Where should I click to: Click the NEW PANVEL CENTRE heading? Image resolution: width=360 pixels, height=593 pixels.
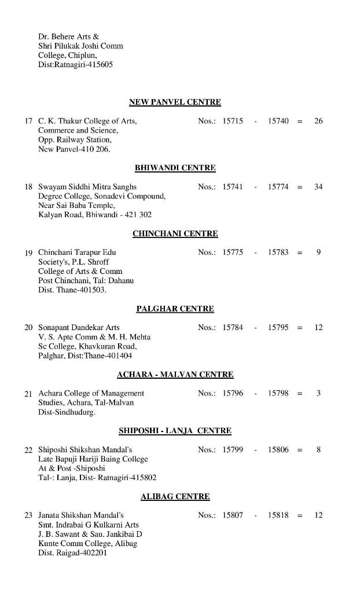point(175,103)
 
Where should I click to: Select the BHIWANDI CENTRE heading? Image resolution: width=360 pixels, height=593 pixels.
point(175,168)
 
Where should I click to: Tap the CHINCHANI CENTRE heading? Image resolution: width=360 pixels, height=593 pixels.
point(175,234)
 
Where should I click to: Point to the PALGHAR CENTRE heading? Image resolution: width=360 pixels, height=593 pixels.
point(175,309)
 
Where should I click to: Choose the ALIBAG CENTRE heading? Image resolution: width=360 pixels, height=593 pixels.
point(175,497)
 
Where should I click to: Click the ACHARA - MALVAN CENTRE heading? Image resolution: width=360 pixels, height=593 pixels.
point(175,375)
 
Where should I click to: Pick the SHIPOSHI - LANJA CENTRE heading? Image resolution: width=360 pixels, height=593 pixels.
point(175,431)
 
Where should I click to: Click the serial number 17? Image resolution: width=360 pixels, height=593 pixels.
point(28,122)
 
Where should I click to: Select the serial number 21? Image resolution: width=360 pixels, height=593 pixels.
point(28,394)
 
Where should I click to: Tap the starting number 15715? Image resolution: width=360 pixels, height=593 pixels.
point(233,121)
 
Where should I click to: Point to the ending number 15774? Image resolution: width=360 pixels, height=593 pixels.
point(278,187)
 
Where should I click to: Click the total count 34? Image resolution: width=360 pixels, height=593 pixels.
point(318,187)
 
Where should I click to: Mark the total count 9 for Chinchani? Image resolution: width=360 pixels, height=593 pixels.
point(318,252)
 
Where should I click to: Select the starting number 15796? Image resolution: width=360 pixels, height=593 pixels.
point(233,393)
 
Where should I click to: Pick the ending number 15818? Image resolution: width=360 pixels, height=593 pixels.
point(278,515)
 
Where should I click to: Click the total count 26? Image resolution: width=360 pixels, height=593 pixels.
point(318,121)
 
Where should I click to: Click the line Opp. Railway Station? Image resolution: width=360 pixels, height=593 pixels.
point(75,140)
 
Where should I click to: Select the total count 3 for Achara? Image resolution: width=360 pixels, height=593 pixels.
point(318,393)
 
